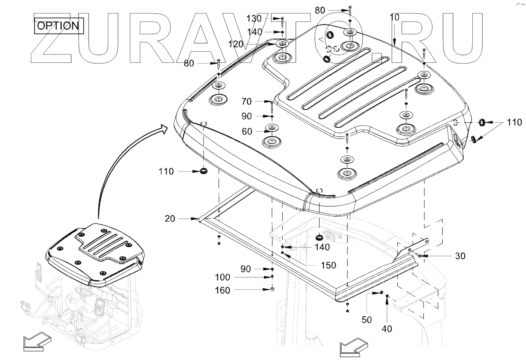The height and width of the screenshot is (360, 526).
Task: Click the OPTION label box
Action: tap(59, 26)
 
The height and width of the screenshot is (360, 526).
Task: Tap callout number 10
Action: tap(394, 17)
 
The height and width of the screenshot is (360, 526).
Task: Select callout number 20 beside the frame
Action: tap(170, 219)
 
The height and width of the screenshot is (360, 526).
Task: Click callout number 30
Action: tap(460, 256)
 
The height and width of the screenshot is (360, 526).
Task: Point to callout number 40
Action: tap(386, 328)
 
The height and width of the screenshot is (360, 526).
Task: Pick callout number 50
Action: tap(366, 320)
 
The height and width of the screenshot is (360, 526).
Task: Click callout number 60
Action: tap(247, 132)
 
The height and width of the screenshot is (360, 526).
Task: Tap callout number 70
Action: tap(246, 101)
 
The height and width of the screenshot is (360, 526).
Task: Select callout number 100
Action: tap(222, 277)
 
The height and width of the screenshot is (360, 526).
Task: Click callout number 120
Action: tap(236, 44)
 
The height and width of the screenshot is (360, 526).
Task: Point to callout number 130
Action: tap(254, 18)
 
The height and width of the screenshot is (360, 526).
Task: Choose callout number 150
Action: tap(328, 265)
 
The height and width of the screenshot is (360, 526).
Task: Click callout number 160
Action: tap(222, 290)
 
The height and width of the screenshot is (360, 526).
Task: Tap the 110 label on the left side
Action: tap(166, 171)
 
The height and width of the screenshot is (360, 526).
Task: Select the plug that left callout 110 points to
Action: tap(204, 171)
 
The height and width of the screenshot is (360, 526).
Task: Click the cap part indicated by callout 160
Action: tap(272, 290)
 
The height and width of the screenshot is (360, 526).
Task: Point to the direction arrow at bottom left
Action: tap(36, 342)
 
